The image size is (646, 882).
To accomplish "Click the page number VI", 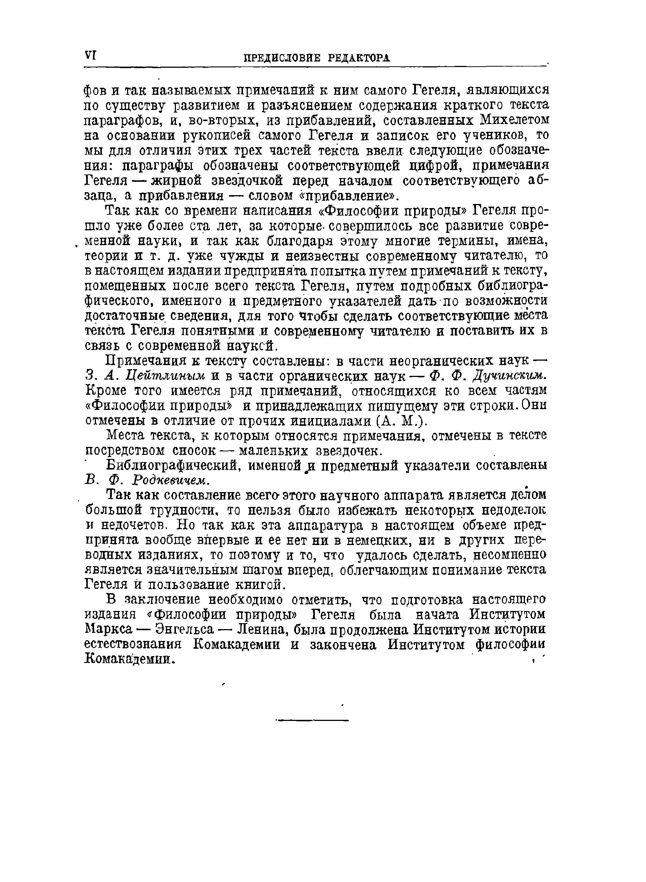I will click(x=90, y=56).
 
